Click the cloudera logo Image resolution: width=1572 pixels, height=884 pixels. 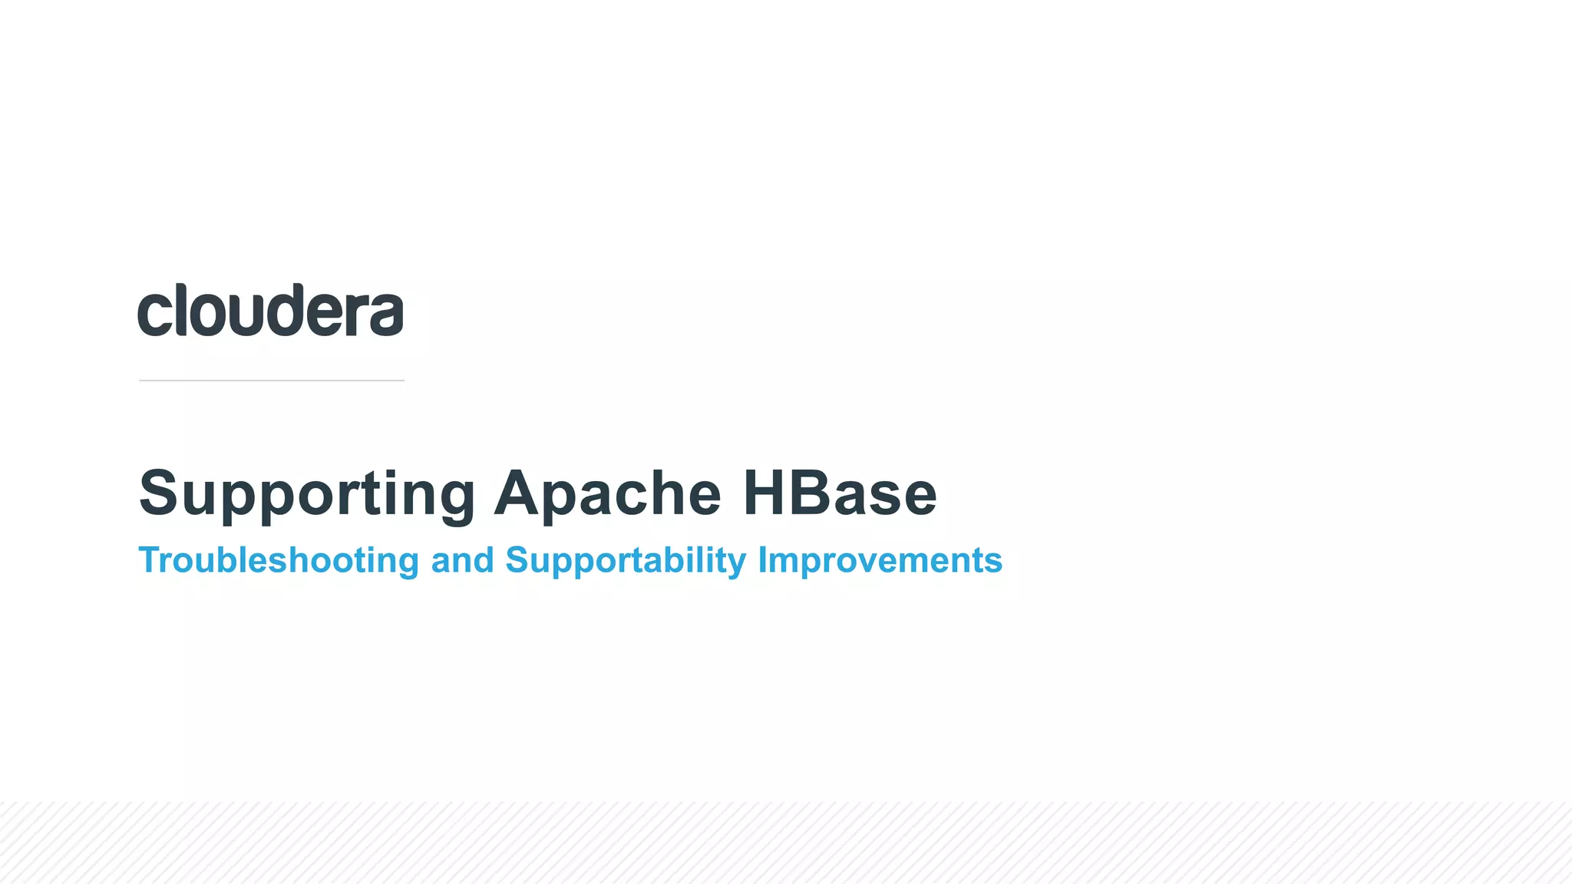coord(270,310)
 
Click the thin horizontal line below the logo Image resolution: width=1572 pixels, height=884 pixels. coord(272,380)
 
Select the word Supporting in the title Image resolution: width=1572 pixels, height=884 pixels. coord(307,493)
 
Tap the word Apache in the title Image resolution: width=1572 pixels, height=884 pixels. coord(607,493)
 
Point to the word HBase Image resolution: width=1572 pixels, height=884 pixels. coord(840,493)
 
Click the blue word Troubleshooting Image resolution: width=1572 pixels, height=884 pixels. coord(279,560)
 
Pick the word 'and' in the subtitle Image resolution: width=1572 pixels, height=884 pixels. coord(462,560)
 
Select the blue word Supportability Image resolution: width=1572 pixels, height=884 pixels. coord(626,560)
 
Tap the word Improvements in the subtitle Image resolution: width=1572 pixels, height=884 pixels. coord(880,560)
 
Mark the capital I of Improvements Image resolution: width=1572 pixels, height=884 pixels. coord(762,560)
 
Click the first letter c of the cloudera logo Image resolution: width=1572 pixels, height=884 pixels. coord(154,314)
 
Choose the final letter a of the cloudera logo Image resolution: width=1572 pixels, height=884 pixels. coord(385,314)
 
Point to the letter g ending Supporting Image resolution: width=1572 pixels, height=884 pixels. coord(454,499)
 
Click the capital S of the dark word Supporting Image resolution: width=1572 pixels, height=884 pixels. coord(159,493)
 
